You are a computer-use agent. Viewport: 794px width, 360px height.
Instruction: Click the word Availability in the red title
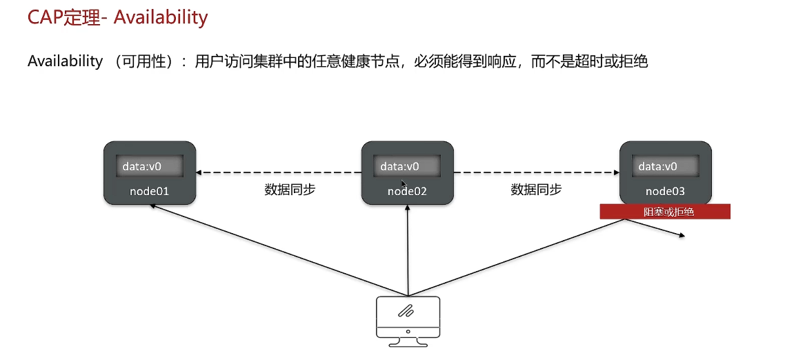(x=161, y=17)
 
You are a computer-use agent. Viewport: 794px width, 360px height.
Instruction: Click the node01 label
(x=149, y=191)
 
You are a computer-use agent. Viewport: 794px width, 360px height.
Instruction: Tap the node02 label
(x=407, y=191)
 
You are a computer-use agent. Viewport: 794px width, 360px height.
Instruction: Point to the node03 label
(x=665, y=191)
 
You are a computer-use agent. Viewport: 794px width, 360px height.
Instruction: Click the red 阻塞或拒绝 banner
(x=664, y=212)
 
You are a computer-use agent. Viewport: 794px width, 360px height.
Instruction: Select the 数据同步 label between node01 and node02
(x=290, y=190)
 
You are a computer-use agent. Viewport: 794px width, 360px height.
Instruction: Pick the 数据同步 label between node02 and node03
(x=536, y=190)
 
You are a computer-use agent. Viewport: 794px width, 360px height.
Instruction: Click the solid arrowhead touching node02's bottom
(x=408, y=208)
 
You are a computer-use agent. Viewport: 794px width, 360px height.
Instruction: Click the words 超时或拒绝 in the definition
(x=614, y=61)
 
